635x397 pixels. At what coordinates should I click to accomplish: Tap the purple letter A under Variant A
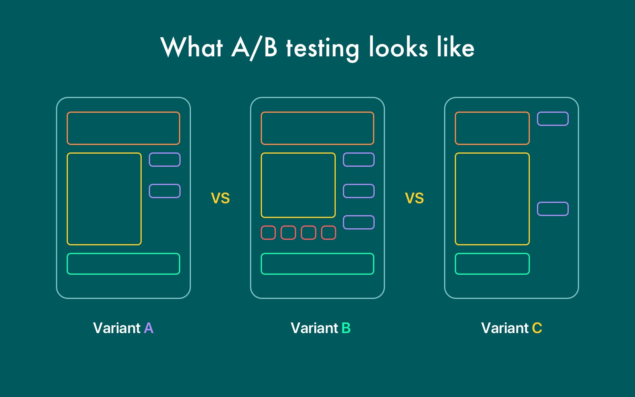click(x=149, y=328)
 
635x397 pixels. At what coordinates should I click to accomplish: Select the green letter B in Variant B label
click(x=346, y=328)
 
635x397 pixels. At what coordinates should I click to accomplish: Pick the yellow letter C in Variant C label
click(x=537, y=328)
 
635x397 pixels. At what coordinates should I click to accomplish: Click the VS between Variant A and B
click(x=220, y=198)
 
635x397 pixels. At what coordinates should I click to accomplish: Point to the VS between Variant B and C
click(x=414, y=198)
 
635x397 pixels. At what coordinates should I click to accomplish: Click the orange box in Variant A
click(x=123, y=112)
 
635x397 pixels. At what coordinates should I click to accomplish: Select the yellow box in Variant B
click(x=298, y=153)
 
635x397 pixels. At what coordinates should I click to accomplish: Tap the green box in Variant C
click(x=492, y=254)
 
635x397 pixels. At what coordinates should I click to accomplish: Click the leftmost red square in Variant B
click(x=268, y=226)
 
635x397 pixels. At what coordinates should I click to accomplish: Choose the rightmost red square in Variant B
click(x=329, y=226)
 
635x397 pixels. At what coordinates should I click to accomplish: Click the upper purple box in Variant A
click(x=165, y=153)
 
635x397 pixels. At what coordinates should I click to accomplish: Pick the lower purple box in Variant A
click(x=165, y=185)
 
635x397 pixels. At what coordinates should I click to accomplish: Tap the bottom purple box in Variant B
click(x=359, y=216)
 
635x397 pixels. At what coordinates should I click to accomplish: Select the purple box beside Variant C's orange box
click(x=553, y=112)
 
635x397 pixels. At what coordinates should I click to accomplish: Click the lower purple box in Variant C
click(x=553, y=202)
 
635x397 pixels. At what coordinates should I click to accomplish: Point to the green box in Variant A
click(x=123, y=254)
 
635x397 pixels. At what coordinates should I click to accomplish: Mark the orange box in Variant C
click(x=492, y=112)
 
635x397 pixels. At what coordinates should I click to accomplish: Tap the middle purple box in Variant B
click(x=359, y=185)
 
